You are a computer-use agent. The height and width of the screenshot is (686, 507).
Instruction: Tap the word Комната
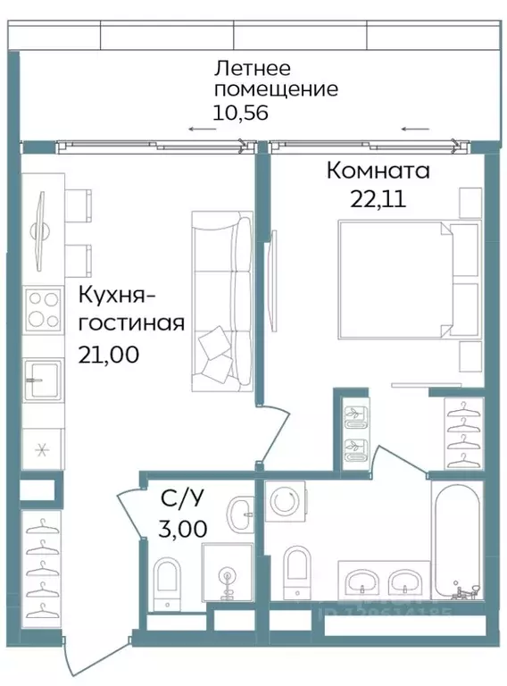point(378,170)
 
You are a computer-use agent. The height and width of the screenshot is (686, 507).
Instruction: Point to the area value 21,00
point(109,354)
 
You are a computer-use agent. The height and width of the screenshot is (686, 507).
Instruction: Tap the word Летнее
point(253,68)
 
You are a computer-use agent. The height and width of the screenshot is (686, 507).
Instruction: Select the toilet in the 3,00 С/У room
point(167,580)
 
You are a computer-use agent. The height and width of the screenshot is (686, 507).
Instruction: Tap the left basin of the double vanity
point(362,581)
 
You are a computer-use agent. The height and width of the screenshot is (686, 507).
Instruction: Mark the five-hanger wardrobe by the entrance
point(40,568)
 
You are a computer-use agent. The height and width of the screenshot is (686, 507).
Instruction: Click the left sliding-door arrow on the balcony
point(201,130)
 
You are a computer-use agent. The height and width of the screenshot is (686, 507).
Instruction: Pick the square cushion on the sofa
point(214,343)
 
